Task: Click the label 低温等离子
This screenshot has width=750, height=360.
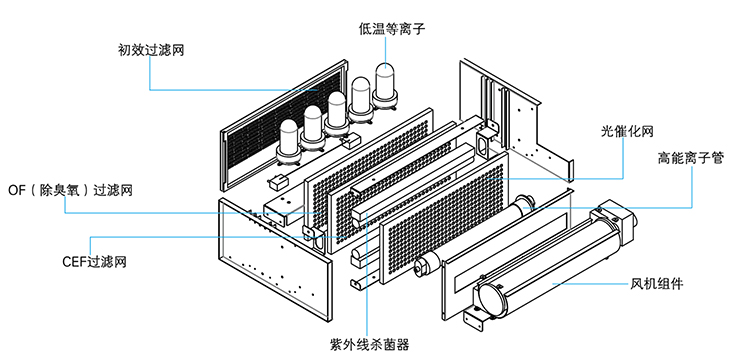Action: (x=391, y=28)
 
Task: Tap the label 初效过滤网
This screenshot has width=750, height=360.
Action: (x=151, y=50)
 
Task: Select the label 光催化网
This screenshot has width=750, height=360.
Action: (x=627, y=131)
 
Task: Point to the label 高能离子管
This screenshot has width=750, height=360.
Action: (x=690, y=158)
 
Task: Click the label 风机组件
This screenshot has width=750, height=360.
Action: (x=656, y=284)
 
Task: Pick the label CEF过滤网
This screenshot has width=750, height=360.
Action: (x=94, y=262)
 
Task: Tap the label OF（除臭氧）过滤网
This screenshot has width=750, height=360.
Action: (x=70, y=190)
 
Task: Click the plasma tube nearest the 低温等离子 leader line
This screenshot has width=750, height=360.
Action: (x=386, y=85)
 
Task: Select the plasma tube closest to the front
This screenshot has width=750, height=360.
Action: (x=289, y=142)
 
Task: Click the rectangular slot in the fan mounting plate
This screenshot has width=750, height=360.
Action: (x=511, y=253)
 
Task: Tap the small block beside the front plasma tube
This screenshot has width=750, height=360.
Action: (x=278, y=182)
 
